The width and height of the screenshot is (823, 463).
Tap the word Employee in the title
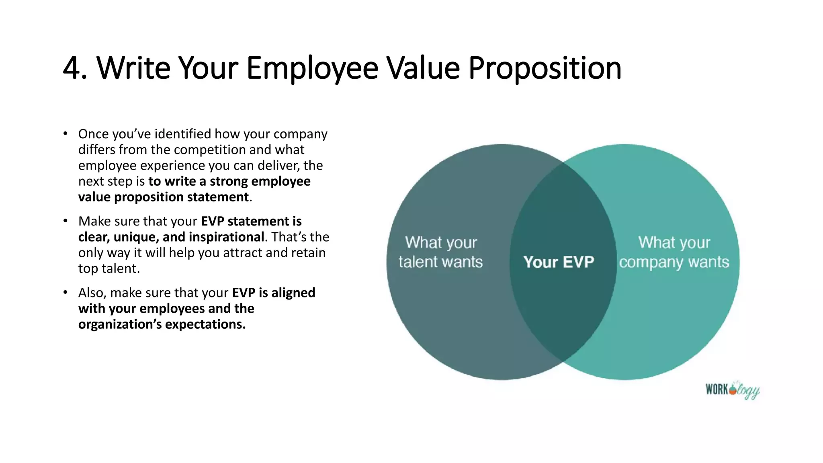pos(312,68)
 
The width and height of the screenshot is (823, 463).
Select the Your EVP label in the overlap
pos(559,262)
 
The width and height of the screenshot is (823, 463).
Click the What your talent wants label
pos(441,252)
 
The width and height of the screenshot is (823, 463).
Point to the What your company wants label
pos(674,252)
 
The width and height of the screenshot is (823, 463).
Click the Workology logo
pos(732,390)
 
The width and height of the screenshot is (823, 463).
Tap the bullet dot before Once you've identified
pos(65,133)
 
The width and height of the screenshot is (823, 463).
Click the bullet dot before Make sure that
pos(65,221)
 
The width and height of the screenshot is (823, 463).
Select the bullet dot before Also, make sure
pos(65,293)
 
